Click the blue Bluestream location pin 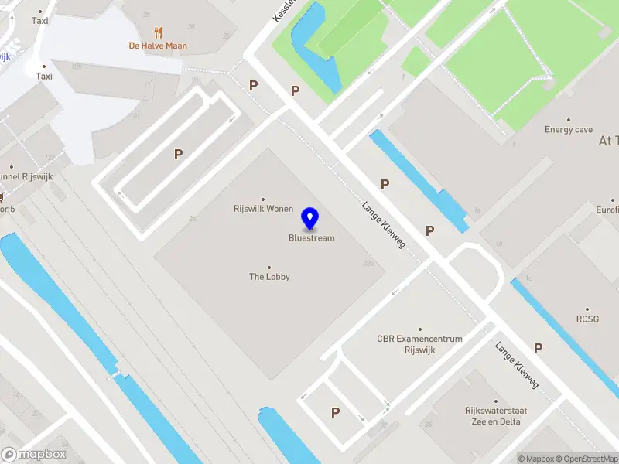(x=311, y=219)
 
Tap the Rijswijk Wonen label (x=263, y=209)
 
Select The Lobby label (x=269, y=276)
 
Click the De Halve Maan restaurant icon (x=159, y=32)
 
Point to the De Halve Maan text (x=158, y=46)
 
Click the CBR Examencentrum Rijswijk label (x=419, y=343)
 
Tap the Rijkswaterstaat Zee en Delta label (x=492, y=416)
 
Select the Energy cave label (x=569, y=130)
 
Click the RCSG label (x=587, y=318)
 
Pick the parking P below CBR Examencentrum (x=335, y=413)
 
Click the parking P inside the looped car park (x=178, y=155)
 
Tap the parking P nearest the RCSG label (x=538, y=349)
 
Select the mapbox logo (x=34, y=454)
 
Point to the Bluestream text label (x=312, y=238)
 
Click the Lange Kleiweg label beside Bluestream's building (x=384, y=227)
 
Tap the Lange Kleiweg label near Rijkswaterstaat (x=517, y=365)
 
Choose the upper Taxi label (x=40, y=21)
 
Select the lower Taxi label (x=44, y=77)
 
